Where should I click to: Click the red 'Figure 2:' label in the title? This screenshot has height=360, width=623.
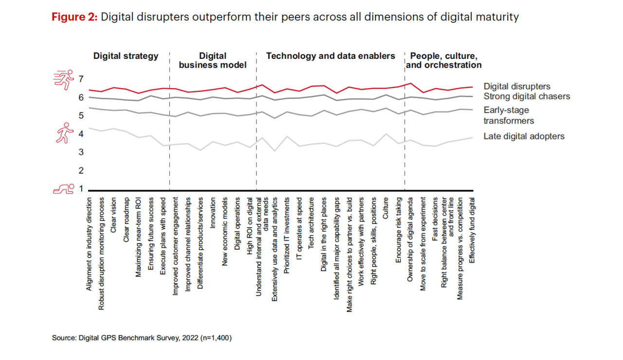pos(74,17)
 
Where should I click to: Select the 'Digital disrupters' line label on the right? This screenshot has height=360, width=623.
pos(516,87)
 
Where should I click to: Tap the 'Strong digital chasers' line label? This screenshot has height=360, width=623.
pos(526,96)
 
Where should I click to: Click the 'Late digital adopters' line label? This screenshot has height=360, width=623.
pos(524,136)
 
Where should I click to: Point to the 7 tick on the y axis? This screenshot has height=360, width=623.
pos(81,79)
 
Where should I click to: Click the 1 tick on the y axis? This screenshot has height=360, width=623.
pos(81,189)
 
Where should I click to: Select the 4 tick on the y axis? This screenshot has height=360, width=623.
pos(81,134)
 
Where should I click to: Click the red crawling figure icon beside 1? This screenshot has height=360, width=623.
pos(63,189)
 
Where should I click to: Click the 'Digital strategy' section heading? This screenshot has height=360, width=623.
pos(126,56)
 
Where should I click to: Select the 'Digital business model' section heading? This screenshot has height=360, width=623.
pos(213,60)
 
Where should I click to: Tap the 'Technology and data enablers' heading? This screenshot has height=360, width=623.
pos(330,56)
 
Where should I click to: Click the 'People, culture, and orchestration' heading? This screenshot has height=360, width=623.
pos(443,60)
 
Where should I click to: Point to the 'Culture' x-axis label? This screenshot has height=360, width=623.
pos(386,207)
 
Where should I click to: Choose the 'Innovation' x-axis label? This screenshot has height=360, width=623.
pos(212,212)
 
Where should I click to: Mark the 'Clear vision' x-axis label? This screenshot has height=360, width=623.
pos(114,214)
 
